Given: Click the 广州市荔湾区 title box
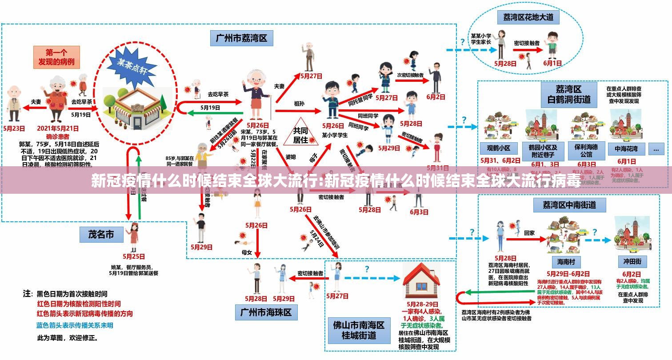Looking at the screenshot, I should (241, 38).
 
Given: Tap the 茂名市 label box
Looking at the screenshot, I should (101, 234).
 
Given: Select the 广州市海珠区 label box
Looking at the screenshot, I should (266, 312).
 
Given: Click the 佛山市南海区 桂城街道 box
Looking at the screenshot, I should (359, 329).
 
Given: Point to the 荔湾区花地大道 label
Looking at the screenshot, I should (528, 17).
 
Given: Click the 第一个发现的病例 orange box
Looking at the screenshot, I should (56, 57).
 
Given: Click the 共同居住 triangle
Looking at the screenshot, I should (300, 133).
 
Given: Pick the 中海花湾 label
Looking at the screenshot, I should (626, 148).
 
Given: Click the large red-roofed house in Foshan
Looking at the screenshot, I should (420, 275).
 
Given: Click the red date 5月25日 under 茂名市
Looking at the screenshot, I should (134, 256).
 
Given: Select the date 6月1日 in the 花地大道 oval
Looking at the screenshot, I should (552, 63).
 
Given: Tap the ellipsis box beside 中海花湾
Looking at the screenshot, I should (656, 149).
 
